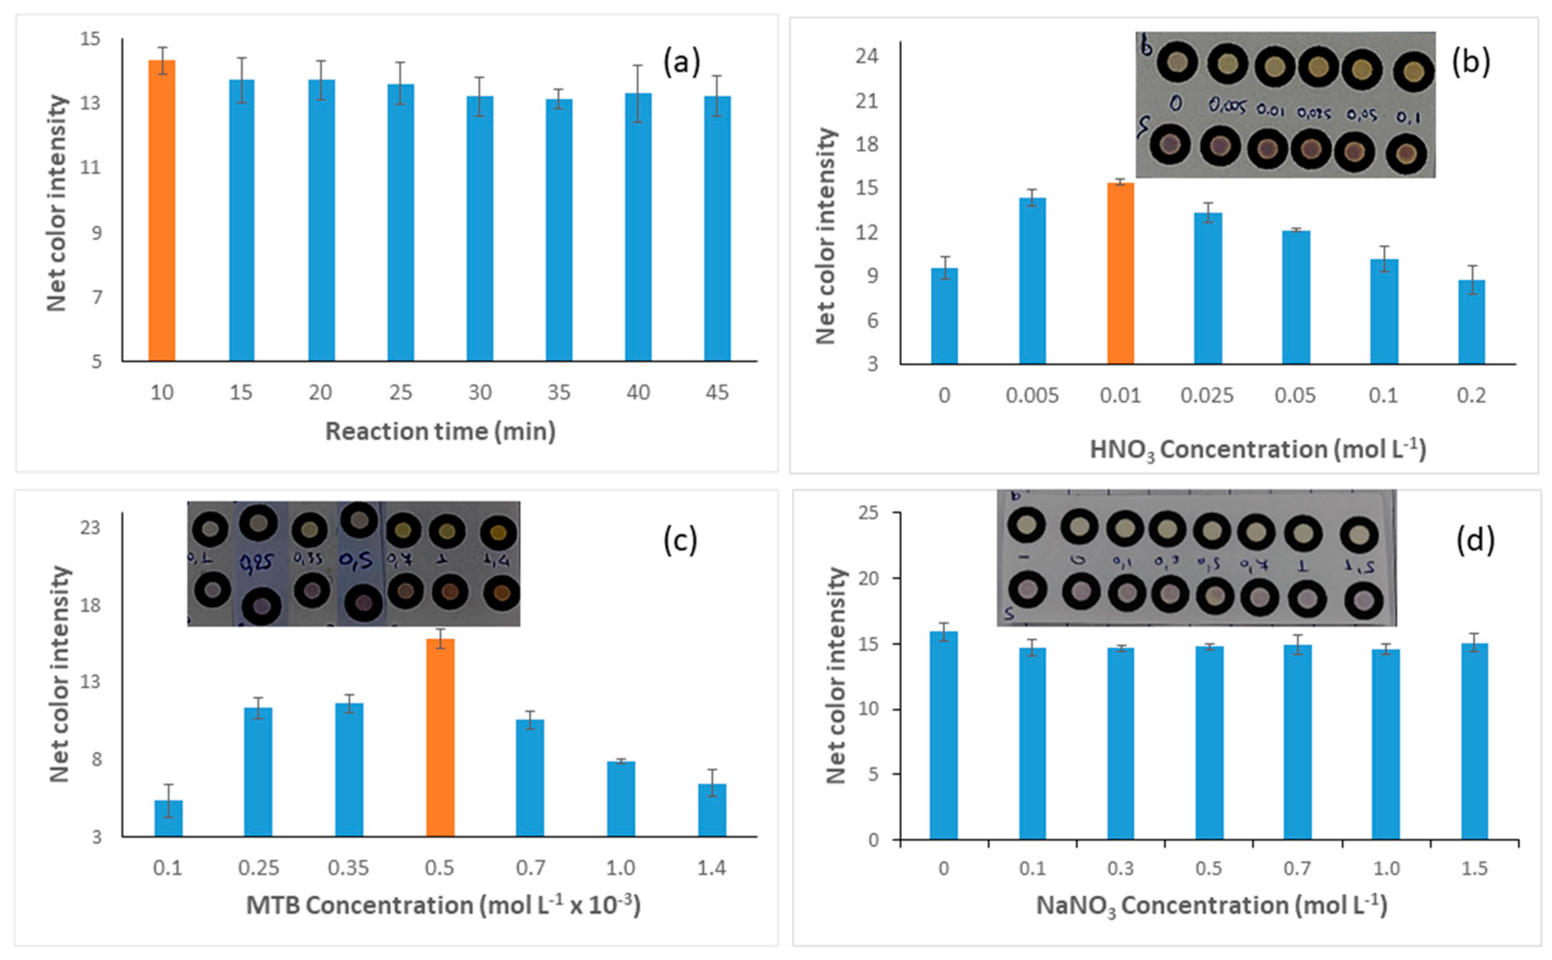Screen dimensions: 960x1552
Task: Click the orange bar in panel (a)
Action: (161, 210)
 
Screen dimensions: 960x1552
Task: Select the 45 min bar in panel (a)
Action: (717, 229)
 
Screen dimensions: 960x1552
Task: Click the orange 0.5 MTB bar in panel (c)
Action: (439, 736)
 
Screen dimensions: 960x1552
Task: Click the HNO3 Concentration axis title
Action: (1257, 449)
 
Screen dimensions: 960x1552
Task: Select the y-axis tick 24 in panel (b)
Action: (867, 56)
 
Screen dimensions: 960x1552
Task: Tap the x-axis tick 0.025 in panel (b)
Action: (1206, 395)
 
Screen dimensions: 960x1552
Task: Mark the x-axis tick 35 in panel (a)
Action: (559, 392)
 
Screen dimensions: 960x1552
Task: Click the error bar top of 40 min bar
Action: (638, 65)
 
